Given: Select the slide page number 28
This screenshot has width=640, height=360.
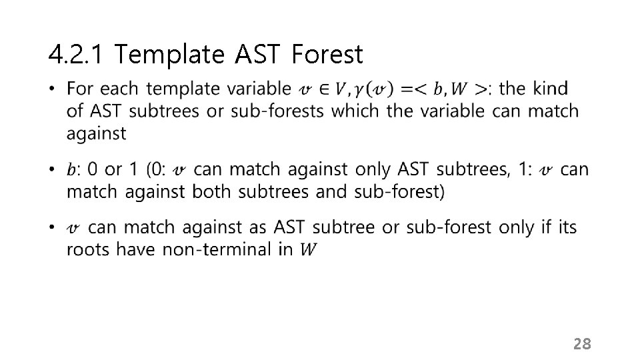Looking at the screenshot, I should [x=582, y=344].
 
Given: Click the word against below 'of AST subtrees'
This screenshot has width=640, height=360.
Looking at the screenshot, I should [x=96, y=133].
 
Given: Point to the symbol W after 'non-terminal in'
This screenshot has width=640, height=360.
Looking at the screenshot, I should [x=308, y=250].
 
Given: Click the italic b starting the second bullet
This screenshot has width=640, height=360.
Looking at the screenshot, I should [x=71, y=170].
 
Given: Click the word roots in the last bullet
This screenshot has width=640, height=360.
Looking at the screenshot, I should [x=87, y=249].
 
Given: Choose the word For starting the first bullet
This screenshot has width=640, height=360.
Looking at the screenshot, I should [x=80, y=88].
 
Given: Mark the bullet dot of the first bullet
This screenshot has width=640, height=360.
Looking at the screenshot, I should [x=53, y=88].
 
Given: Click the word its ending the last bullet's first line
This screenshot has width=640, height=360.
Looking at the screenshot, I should [x=567, y=227].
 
